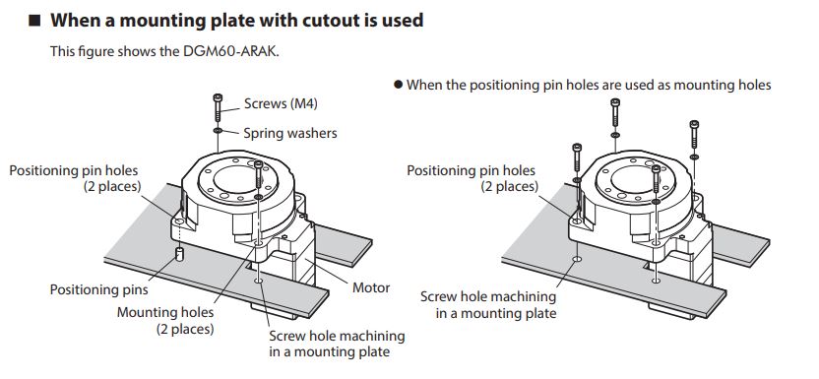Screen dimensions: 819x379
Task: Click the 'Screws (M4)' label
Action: click(x=281, y=103)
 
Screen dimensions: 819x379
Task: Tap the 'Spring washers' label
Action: click(x=289, y=133)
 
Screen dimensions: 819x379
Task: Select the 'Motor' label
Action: click(x=371, y=287)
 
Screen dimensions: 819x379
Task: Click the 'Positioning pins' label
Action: click(x=98, y=289)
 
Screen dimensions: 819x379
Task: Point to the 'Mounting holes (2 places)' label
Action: click(x=165, y=321)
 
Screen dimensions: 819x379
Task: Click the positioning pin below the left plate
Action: click(x=179, y=255)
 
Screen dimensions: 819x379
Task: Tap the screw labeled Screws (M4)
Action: click(x=218, y=107)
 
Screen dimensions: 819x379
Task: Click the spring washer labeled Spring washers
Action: click(x=218, y=130)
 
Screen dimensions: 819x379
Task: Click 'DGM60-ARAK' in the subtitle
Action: click(x=229, y=51)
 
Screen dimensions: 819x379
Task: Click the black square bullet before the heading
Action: click(x=33, y=21)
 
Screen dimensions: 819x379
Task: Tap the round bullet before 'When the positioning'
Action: click(x=398, y=85)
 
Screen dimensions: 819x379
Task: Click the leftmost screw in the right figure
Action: click(x=577, y=158)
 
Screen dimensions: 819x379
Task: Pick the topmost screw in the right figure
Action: click(x=615, y=111)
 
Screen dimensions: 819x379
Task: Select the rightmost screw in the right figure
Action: click(x=694, y=134)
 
